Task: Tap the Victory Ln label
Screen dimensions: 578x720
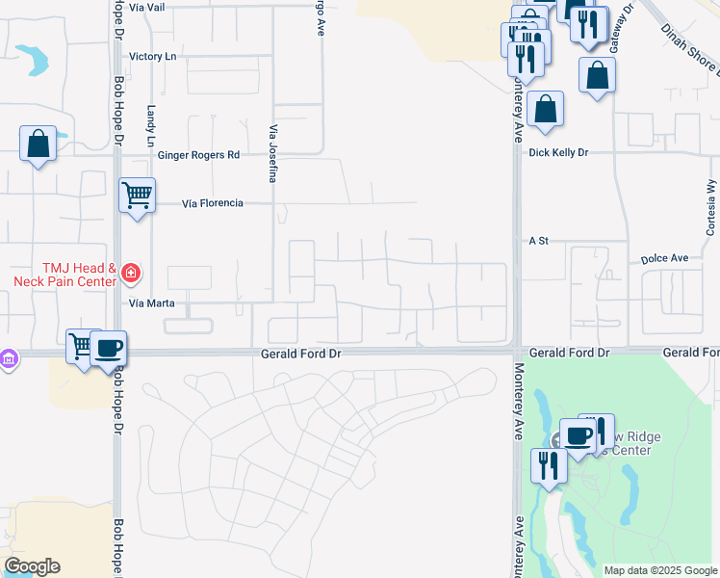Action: tap(153, 57)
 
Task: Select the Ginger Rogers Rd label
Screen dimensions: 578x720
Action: tap(199, 155)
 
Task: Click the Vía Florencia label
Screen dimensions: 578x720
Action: tap(213, 203)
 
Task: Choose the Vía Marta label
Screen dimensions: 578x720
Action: tap(149, 302)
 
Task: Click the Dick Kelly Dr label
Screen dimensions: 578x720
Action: tap(557, 153)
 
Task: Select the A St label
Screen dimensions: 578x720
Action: tap(538, 241)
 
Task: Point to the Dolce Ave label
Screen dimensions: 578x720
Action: tap(665, 259)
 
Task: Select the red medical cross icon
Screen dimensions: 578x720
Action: tap(130, 275)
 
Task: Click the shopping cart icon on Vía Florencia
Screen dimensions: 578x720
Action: tap(138, 196)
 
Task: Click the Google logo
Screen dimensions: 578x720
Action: tap(32, 566)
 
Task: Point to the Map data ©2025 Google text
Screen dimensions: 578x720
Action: tap(659, 570)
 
